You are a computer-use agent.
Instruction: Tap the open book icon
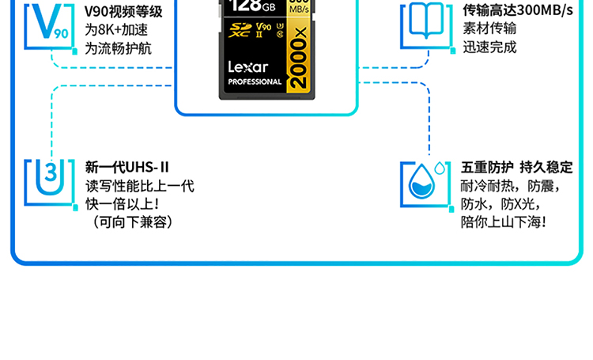tap(426, 20)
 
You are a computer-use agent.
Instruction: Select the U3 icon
tap(50, 177)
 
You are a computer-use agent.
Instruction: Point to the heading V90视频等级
tap(123, 12)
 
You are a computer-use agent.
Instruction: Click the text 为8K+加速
tap(116, 30)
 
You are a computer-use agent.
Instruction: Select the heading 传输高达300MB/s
tap(518, 10)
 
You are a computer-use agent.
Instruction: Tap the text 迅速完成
tap(489, 47)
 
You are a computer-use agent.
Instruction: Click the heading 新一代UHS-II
tap(127, 167)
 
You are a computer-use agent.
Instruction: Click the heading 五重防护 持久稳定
tap(516, 167)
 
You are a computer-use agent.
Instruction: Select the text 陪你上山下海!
tap(504, 222)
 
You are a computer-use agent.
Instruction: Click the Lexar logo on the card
tap(248, 67)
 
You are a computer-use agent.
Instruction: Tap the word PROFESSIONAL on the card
tap(255, 81)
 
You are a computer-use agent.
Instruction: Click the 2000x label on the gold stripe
tap(298, 58)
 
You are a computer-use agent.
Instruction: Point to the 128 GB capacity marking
tap(253, 6)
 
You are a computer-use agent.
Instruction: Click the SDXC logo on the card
tap(240, 30)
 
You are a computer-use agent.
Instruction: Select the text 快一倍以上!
tap(122, 204)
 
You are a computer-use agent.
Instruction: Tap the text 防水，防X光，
tap(500, 204)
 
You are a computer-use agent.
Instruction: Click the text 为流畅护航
tap(118, 48)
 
